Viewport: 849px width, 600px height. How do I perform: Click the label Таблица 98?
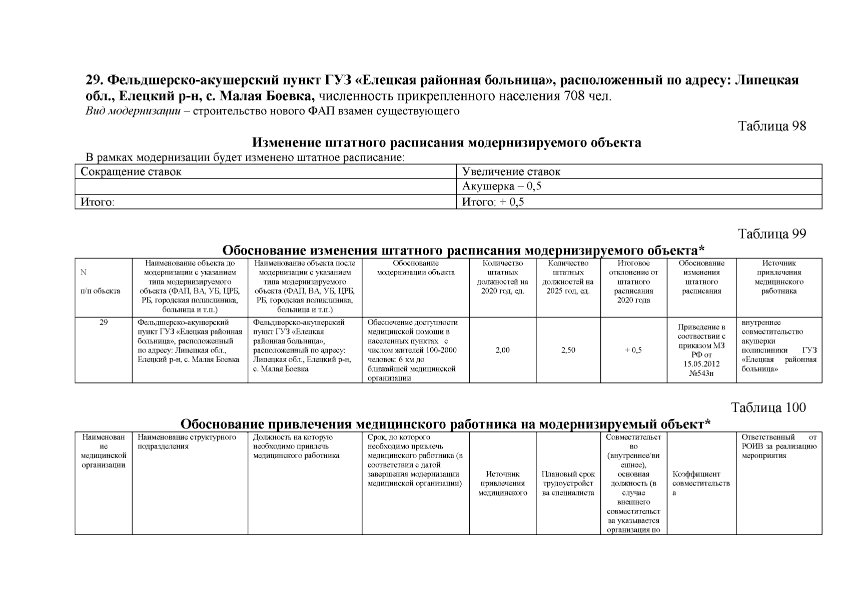772,126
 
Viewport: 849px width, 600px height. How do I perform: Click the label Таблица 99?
772,234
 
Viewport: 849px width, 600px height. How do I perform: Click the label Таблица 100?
768,407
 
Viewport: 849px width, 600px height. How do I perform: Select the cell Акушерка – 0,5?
502,187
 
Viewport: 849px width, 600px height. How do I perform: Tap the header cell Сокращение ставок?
131,172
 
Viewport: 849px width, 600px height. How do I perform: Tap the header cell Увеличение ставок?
511,172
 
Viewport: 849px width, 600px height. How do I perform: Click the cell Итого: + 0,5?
493,202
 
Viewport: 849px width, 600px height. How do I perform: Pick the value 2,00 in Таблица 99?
502,350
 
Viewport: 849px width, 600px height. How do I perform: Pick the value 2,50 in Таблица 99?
568,350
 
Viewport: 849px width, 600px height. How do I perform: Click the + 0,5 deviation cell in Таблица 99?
633,350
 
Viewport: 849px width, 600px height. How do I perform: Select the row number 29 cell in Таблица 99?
103,322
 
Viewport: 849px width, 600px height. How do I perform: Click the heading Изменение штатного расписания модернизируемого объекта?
446,143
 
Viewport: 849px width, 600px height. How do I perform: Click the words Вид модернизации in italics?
133,111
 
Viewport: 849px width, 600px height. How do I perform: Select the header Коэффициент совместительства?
701,483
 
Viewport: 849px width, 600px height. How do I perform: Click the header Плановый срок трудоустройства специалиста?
568,483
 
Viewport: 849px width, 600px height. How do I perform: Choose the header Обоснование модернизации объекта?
415,268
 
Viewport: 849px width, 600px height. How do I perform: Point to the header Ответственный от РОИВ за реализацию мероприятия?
778,446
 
